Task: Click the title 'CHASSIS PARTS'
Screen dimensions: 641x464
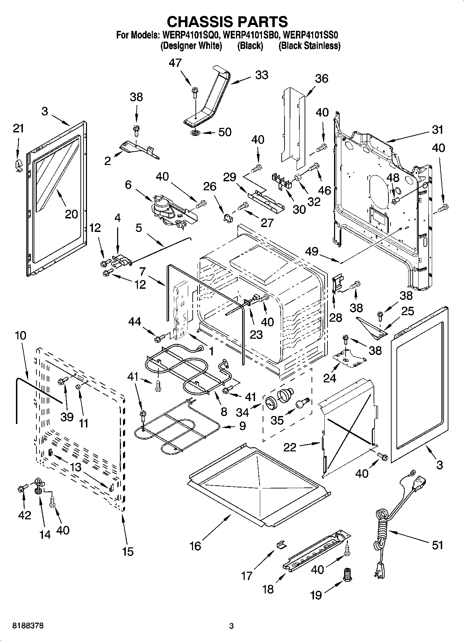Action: (227, 21)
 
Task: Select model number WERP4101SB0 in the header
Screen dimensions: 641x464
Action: (252, 35)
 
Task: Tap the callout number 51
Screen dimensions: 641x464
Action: (438, 545)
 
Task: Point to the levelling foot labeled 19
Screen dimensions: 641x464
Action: (347, 575)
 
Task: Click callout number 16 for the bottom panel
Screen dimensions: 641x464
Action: (195, 546)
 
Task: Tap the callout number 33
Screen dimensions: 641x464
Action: (262, 75)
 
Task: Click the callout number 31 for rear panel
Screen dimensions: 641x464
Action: (437, 130)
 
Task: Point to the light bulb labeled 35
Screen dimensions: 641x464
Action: (301, 403)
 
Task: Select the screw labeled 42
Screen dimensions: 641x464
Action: (20, 489)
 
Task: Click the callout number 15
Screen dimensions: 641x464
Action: (128, 551)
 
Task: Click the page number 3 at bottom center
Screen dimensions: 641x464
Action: (231, 626)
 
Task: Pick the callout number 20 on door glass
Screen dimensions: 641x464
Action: (71, 214)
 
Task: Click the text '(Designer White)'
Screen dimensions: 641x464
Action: (191, 45)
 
